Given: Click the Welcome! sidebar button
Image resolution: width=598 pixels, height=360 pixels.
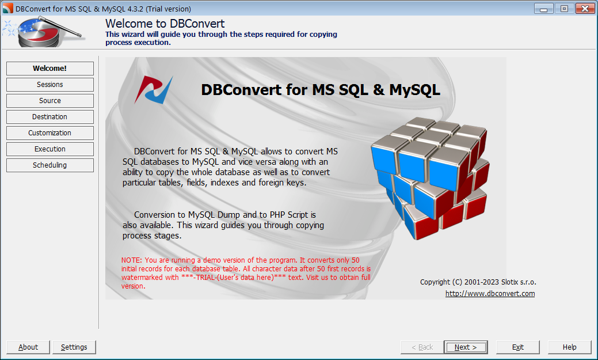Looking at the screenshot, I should pos(50,69).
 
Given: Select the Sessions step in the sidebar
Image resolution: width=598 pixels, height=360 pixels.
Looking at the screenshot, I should pos(50,85).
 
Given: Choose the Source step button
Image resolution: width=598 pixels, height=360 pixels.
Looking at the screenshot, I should pos(50,101).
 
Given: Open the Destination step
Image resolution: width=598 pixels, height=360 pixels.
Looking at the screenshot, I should pos(50,117).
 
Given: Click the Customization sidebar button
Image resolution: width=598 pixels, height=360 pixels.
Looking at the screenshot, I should pos(50,133).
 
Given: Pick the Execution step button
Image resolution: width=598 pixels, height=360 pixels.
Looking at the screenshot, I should pos(50,149).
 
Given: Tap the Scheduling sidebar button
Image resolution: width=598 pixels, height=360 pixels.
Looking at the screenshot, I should pos(50,165).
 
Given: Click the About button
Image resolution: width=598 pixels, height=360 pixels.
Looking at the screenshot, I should pos(28,347).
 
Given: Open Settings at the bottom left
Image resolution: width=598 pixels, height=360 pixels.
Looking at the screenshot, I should pos(74,347).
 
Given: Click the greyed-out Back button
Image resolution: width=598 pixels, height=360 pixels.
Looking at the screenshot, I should pos(422,347).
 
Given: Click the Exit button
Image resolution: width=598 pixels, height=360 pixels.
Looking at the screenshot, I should pos(518,347).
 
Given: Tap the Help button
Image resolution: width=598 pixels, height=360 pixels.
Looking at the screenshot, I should pos(570,347).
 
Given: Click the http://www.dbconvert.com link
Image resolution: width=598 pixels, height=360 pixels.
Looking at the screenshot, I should pos(490,294).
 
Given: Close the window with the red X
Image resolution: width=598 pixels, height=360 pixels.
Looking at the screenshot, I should pos(584,9).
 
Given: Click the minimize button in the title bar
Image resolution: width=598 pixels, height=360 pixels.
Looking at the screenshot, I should pos(544,9).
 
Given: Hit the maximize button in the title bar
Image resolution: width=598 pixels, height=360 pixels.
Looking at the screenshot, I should pos(564,9).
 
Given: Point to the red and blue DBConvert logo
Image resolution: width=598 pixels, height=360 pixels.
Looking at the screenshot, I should pos(154,90).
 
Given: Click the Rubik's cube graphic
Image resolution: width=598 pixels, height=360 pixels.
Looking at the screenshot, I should pos(430,176).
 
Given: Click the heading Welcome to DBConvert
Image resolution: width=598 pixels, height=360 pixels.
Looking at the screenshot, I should pos(165,24).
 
